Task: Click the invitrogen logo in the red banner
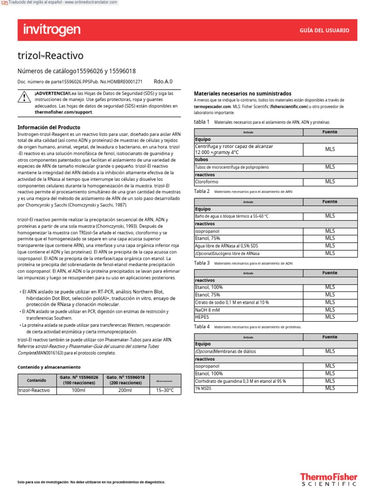[x=52, y=30]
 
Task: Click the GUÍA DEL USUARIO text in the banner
[x=324, y=30]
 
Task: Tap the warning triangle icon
[x=23, y=98]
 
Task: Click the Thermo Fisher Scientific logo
[x=328, y=479]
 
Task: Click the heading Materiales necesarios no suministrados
[x=243, y=93]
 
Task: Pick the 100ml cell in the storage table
[x=78, y=391]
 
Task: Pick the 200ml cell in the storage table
[x=125, y=391]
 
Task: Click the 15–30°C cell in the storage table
[x=165, y=391]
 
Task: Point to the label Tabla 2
[x=202, y=191]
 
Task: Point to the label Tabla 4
[x=202, y=326]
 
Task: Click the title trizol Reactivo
[x=50, y=55]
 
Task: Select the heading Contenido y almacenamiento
[x=49, y=367]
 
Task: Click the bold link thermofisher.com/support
[x=63, y=112]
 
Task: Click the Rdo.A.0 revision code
[x=163, y=82]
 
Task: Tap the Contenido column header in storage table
[x=37, y=380]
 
